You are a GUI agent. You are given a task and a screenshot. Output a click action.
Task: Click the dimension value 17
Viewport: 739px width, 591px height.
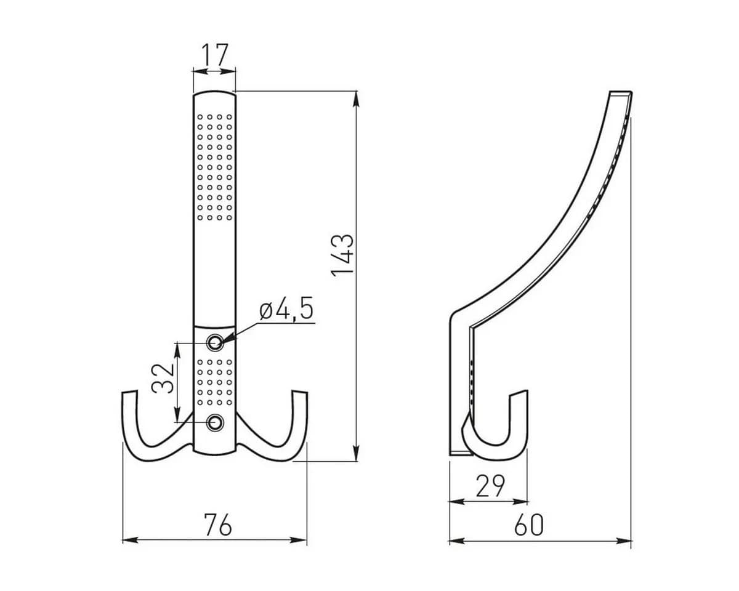pos(215,55)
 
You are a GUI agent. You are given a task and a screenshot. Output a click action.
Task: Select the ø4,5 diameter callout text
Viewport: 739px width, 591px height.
pos(287,308)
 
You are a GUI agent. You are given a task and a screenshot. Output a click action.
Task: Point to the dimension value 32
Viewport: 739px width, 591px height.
pos(163,378)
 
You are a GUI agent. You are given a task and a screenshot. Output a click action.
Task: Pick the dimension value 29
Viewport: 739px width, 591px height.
pos(491,486)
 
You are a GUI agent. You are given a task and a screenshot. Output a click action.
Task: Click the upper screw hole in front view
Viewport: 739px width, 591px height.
pos(215,342)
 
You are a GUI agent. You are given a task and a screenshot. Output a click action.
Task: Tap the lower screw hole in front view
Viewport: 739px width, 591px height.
pos(215,422)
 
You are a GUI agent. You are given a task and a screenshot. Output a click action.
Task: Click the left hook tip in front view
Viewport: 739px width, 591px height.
pos(129,392)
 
